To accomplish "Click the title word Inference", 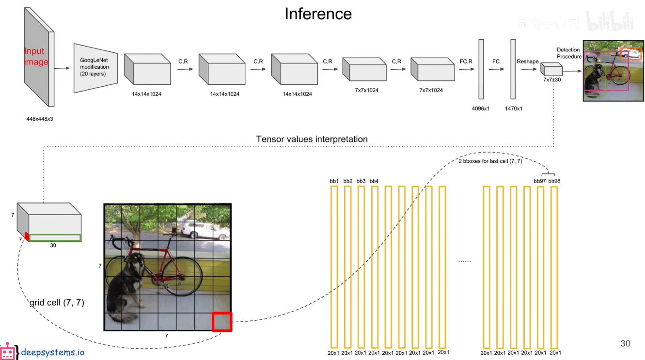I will coord(318,14).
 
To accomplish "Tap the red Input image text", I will coord(36,56).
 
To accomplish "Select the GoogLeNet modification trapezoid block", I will coord(95,68).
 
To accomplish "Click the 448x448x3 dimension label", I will coord(40,119).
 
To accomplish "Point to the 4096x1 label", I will coord(481,109).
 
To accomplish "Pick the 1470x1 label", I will coord(514,109).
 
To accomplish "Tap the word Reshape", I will coord(528,62).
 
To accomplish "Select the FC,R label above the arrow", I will coord(466,62).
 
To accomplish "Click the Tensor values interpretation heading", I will coord(312,140).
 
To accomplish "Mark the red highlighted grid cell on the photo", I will coord(222,322).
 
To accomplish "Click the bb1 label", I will coord(334,181).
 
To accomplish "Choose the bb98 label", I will coord(554,181).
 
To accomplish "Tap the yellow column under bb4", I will coord(374,266).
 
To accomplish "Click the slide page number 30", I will coord(625,344).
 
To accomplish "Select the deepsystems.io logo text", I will coord(52,352).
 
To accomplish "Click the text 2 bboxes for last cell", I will coord(490,161).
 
